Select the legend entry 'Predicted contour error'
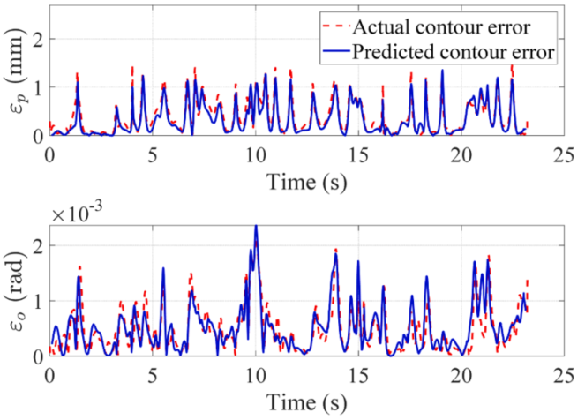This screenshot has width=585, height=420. (454, 51)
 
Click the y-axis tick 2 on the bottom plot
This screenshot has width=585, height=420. (37, 244)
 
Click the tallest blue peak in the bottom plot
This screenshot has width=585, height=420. (256, 226)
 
